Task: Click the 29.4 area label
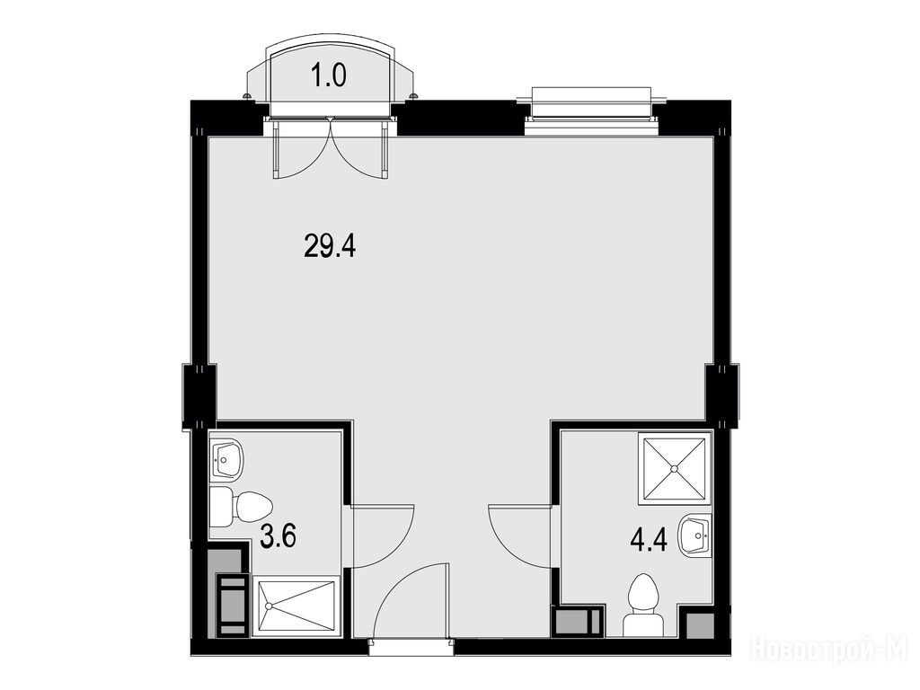point(330,245)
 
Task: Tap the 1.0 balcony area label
point(329,75)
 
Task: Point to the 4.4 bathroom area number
point(649,539)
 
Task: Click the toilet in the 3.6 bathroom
point(241,507)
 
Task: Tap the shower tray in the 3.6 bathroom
point(296,606)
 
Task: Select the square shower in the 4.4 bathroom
point(674,468)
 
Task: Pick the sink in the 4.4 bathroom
point(695,534)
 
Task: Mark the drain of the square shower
point(674,468)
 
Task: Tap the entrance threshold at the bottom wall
point(411,648)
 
